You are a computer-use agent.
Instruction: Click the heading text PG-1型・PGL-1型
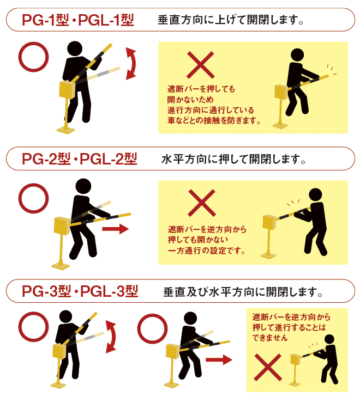tap(77, 21)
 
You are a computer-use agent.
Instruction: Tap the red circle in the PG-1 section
tap(34, 57)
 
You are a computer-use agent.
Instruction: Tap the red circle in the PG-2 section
tap(34, 198)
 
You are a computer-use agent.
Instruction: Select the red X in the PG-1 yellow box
tap(200, 65)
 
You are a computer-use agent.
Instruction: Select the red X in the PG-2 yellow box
tap(201, 204)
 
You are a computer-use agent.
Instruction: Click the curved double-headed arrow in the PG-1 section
tap(131, 63)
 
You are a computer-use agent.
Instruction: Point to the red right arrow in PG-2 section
tap(115, 229)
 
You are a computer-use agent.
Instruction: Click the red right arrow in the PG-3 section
tap(219, 360)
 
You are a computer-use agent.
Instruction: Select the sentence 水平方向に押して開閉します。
tap(233, 160)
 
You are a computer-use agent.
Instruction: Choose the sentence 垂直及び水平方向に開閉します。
tap(243, 292)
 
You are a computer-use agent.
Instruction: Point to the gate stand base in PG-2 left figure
tap(61, 265)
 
